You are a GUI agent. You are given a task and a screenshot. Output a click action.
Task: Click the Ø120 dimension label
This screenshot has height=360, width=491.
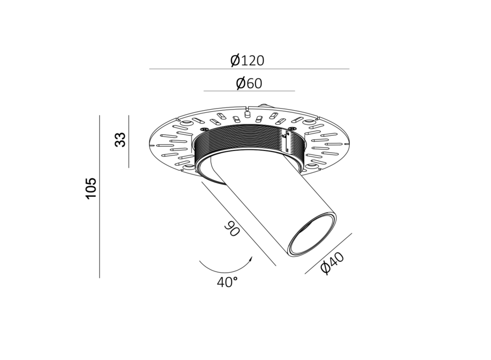pyautogui.click(x=247, y=61)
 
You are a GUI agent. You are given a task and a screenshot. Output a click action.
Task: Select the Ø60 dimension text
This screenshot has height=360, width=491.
pyautogui.click(x=249, y=83)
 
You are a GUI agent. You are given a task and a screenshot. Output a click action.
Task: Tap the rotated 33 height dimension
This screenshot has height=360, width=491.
pyautogui.click(x=121, y=140)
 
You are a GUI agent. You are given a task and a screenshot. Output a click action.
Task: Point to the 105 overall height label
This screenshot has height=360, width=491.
pyautogui.click(x=91, y=188)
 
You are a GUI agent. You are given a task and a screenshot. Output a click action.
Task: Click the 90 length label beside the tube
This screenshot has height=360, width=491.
pyautogui.click(x=232, y=230)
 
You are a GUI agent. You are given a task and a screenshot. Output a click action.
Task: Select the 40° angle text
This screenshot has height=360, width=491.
pyautogui.click(x=227, y=282)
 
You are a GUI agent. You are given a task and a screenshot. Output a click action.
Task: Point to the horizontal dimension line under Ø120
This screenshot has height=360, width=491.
pyautogui.click(x=249, y=69)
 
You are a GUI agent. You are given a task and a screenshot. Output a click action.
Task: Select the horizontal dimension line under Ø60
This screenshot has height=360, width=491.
pyautogui.click(x=249, y=91)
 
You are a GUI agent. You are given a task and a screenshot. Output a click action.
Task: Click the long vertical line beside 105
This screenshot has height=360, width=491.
pyautogui.click(x=99, y=196)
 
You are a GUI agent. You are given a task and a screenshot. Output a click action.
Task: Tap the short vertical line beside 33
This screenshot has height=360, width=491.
pyautogui.click(x=129, y=141)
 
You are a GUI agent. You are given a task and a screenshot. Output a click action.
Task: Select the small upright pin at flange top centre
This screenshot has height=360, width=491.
pyautogui.click(x=247, y=115)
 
